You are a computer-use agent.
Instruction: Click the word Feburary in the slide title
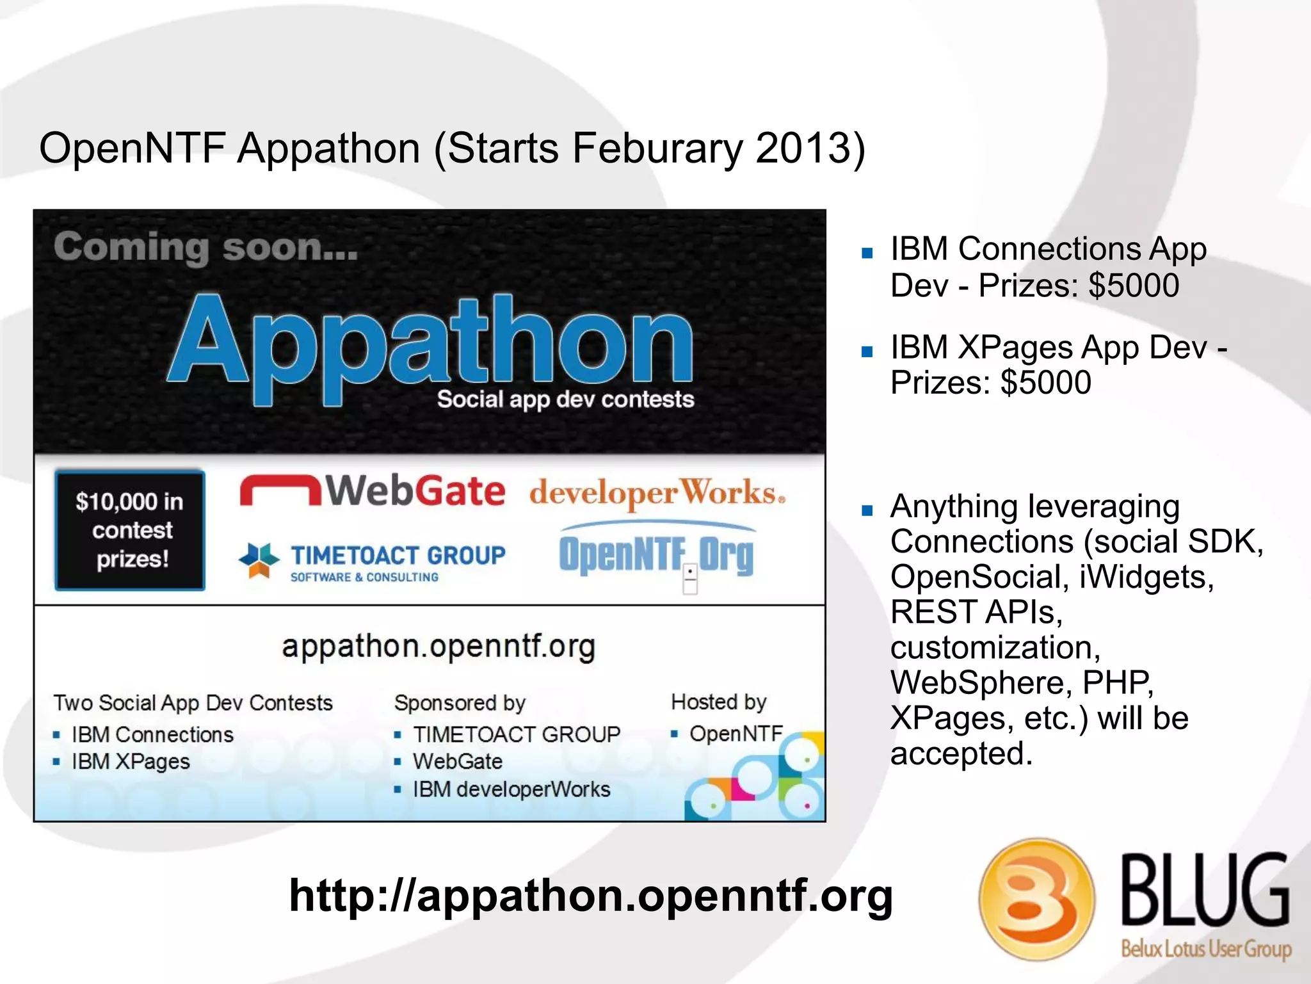657,149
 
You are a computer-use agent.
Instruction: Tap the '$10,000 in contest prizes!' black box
130,530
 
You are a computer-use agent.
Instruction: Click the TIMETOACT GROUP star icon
259,559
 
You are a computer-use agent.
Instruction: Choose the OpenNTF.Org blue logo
657,553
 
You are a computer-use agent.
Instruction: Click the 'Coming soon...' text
205,247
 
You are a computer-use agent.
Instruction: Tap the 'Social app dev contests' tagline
565,399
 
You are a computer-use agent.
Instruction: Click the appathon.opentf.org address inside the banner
438,647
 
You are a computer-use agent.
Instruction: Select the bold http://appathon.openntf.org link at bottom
590,895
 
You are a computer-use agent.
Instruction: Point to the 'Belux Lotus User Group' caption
1206,948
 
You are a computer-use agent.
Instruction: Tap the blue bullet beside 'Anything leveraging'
867,510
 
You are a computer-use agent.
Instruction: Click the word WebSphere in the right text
981,682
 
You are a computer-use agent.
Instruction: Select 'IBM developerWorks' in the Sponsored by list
511,789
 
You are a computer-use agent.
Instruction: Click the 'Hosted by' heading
718,702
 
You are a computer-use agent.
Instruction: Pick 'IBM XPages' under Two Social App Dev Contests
131,761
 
